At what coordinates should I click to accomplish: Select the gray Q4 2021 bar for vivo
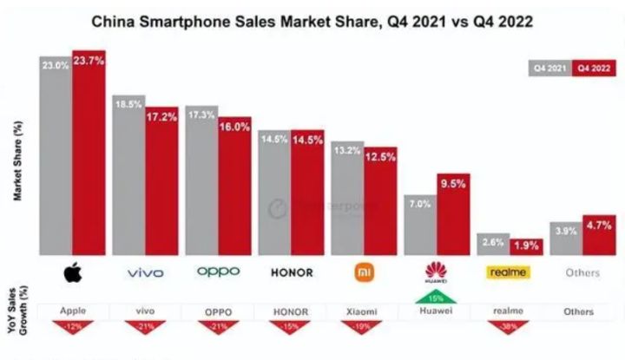click(x=128, y=173)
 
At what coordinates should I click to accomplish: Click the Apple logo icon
click(x=72, y=273)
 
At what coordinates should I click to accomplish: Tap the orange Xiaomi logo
click(x=364, y=272)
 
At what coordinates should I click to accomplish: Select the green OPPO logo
click(x=218, y=272)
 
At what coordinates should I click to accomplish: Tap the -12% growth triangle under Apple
click(x=73, y=325)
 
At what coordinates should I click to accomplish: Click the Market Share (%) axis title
click(x=17, y=160)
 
